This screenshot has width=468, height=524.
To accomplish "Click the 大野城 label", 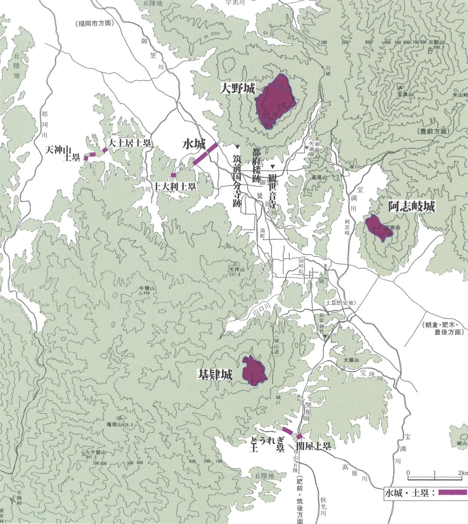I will (x=237, y=89).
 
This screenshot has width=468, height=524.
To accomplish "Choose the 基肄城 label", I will (x=215, y=375).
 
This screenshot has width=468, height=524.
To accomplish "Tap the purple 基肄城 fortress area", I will (x=254, y=371).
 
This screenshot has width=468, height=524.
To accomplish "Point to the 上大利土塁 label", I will (x=176, y=186).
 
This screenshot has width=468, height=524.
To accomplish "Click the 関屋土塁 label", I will (x=313, y=446).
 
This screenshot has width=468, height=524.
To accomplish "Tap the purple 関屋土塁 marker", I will (x=299, y=436).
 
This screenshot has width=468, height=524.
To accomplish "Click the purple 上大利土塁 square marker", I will (x=173, y=175).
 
